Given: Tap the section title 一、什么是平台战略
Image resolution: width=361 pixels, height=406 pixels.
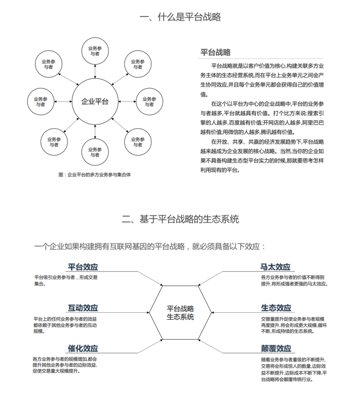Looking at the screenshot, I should pos(180,17).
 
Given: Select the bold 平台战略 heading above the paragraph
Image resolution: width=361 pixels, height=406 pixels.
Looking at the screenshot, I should pos(215,53).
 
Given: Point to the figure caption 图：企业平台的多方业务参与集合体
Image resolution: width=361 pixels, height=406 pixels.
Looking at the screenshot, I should pos(94,174).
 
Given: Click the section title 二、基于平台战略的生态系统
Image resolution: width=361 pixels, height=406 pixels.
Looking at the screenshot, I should pos(180,219).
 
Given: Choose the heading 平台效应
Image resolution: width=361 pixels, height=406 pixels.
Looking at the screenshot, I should pos(83,267).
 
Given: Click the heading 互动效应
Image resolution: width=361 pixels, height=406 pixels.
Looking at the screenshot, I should pos(83,308).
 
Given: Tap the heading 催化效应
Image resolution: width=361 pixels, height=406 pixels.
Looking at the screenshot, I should pos(83,348).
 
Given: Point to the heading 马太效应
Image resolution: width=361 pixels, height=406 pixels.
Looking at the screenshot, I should pos(275,267).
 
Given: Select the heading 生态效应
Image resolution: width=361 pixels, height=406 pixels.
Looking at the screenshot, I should pos(276,308).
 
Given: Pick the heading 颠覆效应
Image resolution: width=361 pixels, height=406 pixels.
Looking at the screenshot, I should pos(276,348).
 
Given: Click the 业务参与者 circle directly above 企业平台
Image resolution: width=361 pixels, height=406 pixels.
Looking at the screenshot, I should pos(95,51).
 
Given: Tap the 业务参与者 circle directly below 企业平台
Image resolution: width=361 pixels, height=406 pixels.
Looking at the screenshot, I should pos(95,152).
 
